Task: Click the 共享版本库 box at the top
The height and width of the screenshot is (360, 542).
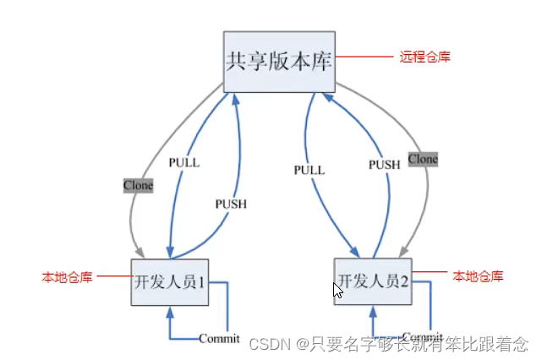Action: click(x=278, y=63)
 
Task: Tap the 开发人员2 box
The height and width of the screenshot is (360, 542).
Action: click(x=373, y=281)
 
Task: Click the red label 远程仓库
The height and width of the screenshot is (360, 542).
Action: click(x=424, y=57)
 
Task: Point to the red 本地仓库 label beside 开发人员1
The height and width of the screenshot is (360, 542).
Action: click(x=68, y=276)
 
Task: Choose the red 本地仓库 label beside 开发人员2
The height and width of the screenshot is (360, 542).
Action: click(x=479, y=275)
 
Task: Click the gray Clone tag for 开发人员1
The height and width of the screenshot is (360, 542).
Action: click(x=139, y=185)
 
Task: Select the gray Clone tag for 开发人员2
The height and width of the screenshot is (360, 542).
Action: click(x=423, y=158)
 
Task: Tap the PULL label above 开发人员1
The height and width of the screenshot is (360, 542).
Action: click(x=183, y=162)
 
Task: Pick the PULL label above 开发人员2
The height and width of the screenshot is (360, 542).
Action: click(x=309, y=170)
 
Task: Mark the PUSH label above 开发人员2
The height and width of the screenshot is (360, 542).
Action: click(x=384, y=165)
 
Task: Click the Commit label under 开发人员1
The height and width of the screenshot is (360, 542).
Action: click(x=219, y=339)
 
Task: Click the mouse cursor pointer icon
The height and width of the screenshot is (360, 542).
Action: click(x=337, y=291)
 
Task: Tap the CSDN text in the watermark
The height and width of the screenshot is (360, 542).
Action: click(x=268, y=344)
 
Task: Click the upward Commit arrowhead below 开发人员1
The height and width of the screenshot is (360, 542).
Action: click(x=170, y=310)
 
